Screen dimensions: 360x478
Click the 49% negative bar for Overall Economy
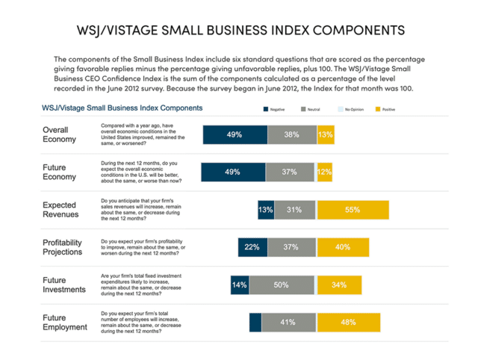tap(235, 135)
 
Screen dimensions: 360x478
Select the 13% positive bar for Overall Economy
tap(325, 135)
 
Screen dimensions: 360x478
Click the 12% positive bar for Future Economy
tap(324, 173)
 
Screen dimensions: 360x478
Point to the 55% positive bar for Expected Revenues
tap(353, 210)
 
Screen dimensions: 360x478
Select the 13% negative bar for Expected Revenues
tap(265, 210)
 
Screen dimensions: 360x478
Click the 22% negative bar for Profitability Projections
tap(252, 247)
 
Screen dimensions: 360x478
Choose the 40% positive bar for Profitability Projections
tap(343, 247)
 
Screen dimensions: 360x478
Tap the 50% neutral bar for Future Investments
tap(282, 285)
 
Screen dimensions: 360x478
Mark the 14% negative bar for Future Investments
tap(239, 285)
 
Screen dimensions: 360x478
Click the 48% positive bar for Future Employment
tap(347, 322)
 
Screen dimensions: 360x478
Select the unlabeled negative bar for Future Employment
tap(255, 322)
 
